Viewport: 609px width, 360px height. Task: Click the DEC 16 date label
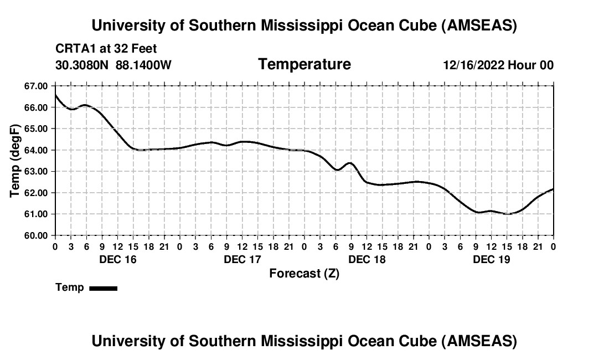point(117,259)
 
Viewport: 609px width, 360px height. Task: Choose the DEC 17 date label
point(242,259)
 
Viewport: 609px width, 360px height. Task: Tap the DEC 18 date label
point(367,259)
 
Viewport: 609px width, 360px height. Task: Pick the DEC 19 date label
point(492,259)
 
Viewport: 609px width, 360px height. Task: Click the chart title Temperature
point(304,64)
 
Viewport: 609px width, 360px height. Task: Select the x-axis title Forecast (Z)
point(304,273)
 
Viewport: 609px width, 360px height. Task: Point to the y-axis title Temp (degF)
point(16,160)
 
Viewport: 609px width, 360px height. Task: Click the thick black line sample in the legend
point(103,288)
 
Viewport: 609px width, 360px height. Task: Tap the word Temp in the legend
point(70,287)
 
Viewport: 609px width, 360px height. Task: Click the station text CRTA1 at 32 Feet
point(106,49)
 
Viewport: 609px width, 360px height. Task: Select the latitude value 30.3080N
point(82,65)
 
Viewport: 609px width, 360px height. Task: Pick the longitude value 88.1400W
point(143,65)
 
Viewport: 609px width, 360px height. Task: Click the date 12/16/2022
point(473,65)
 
